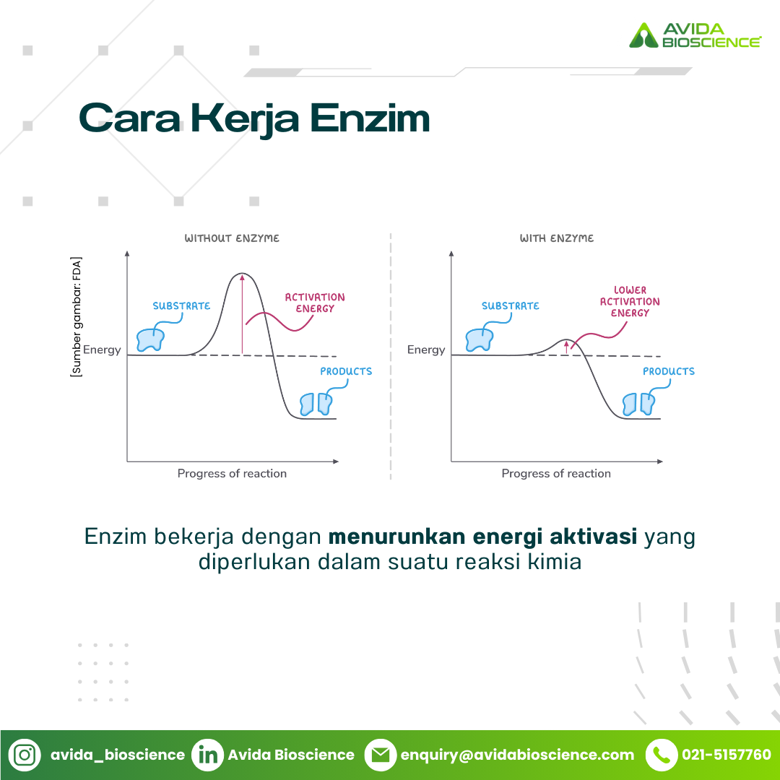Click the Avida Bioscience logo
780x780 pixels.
coord(695,35)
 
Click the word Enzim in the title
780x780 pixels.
coord(370,118)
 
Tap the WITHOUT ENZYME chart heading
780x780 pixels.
coord(232,238)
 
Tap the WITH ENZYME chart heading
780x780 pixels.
coord(557,238)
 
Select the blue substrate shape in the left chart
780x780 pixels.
coord(150,339)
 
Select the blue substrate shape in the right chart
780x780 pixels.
coord(479,339)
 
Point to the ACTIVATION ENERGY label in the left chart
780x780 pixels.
coord(315,303)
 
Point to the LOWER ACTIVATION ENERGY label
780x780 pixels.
coord(630,301)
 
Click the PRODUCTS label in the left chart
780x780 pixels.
coord(346,371)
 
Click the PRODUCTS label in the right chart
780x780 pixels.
coord(669,371)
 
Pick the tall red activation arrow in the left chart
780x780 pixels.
coord(242,313)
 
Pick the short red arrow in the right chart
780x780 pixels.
coord(566,347)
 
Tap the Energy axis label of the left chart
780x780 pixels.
coord(102,350)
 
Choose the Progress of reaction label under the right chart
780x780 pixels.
coord(556,473)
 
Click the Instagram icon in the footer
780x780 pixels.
coord(25,755)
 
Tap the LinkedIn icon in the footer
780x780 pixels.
coord(207,755)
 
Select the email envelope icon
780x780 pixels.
coord(381,755)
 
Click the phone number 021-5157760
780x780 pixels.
coord(727,755)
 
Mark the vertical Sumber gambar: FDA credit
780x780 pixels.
coord(76,317)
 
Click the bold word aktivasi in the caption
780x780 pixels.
coord(593,536)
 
